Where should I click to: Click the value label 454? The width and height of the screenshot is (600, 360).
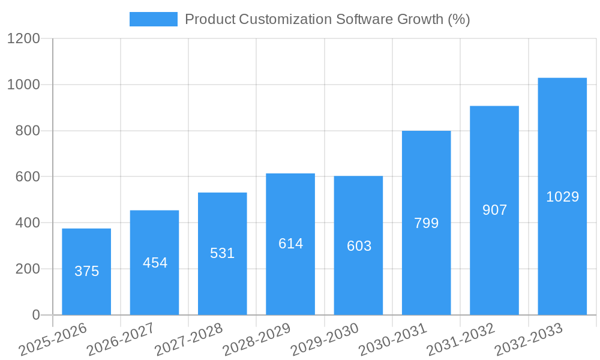pyautogui.click(x=155, y=263)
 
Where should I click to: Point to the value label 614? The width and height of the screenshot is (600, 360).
pyautogui.click(x=290, y=244)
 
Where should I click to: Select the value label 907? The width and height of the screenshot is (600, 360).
pyautogui.click(x=494, y=210)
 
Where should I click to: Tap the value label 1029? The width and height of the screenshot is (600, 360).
pyautogui.click(x=562, y=197)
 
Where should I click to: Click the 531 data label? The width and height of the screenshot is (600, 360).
pyautogui.click(x=222, y=253)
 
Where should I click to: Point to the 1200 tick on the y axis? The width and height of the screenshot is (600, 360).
pyautogui.click(x=23, y=39)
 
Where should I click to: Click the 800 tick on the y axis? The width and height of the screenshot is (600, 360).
pyautogui.click(x=28, y=131)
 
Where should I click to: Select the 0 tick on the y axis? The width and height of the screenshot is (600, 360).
pyautogui.click(x=36, y=315)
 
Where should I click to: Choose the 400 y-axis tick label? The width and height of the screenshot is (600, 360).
pyautogui.click(x=28, y=223)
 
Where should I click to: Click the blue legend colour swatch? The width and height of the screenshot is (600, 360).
pyautogui.click(x=154, y=19)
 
